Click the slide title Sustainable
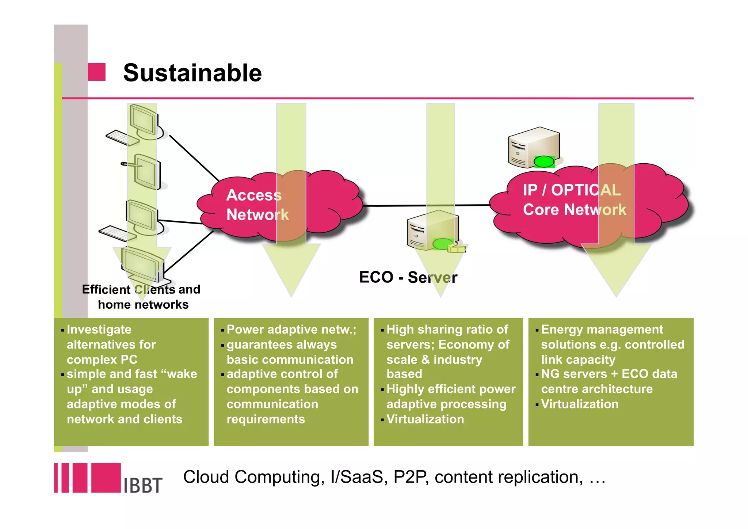tap(192, 73)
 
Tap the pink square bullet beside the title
tap(96, 72)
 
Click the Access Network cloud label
tap(257, 205)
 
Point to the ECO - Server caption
tap(408, 277)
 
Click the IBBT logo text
tap(143, 485)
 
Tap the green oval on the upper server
tap(544, 161)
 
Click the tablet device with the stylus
tap(147, 172)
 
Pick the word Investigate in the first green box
tap(99, 330)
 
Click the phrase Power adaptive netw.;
tap(291, 330)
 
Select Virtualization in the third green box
tap(425, 419)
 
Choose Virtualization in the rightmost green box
tap(580, 404)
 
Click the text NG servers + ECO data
tap(609, 374)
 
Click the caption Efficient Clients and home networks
tap(142, 297)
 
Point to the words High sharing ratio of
tap(447, 330)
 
